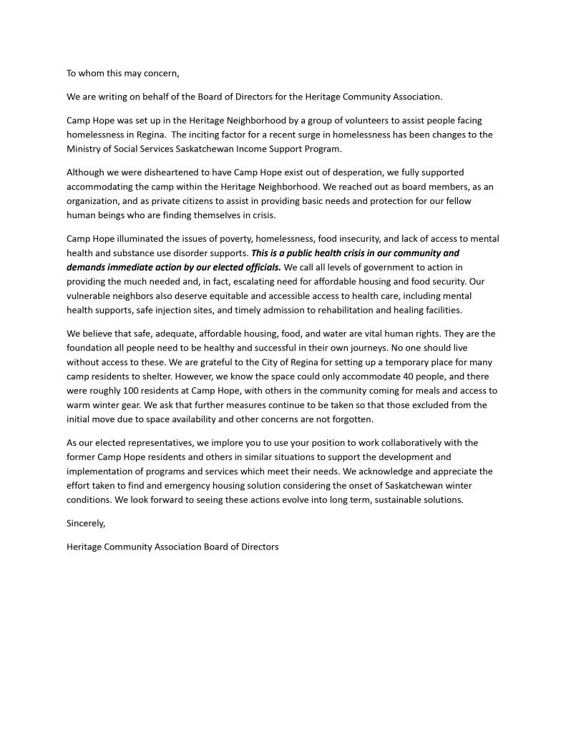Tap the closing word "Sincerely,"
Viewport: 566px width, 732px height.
click(x=86, y=523)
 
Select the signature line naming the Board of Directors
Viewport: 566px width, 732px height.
click(x=172, y=547)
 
